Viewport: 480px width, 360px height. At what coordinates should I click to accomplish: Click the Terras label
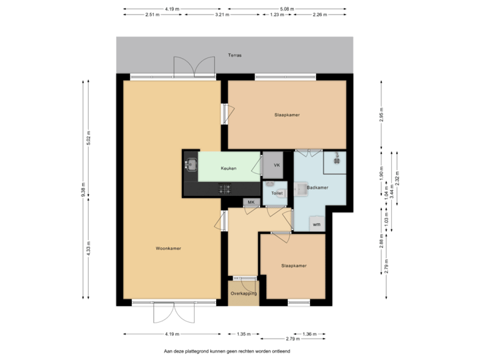coord(234,55)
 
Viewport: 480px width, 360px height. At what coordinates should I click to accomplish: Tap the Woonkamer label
coord(169,248)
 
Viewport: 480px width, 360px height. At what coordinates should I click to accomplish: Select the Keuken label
coord(229,168)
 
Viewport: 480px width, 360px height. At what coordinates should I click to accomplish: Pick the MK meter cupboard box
coord(251,202)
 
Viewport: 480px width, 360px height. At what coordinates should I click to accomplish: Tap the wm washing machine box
coord(317,224)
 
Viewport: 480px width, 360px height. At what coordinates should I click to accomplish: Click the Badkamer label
coord(318,188)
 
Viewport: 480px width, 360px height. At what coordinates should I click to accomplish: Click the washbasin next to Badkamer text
coord(301,189)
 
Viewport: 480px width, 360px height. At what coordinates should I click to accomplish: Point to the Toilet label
coord(277,193)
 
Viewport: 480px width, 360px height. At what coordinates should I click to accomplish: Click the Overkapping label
coord(243,293)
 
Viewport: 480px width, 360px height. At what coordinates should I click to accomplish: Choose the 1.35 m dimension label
coord(243,333)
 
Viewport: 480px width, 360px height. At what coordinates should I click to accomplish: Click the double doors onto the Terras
coord(193,68)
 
